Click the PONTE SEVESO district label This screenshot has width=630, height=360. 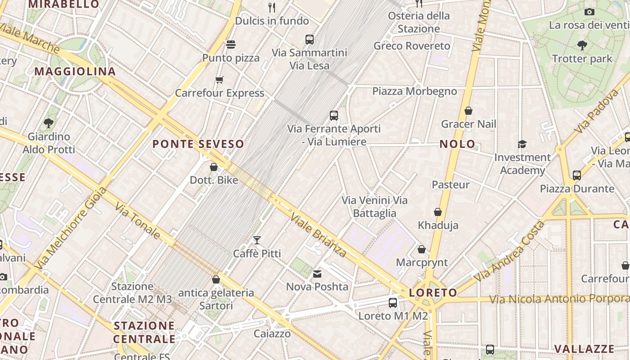point(198,144)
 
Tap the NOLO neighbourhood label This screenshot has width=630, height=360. point(457,144)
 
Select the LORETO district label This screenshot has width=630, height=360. point(433,293)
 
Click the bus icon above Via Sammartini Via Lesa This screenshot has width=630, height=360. point(309,39)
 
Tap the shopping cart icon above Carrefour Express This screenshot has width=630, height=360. point(219,80)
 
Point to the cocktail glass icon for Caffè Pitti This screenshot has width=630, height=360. point(257,240)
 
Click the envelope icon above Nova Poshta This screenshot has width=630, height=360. point(317,274)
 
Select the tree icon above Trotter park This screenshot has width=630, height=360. point(582,45)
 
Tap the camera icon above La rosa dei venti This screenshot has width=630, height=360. point(589,12)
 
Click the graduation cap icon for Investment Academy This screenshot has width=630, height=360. point(522,144)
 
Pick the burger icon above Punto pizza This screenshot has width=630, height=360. point(231,45)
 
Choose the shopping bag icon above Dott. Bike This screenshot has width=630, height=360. point(214,167)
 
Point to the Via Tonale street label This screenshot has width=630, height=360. point(137,220)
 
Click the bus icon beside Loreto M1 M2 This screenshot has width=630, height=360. point(393,302)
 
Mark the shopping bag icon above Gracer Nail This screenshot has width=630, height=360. point(468,111)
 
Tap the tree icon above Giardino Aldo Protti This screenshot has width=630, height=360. point(49,123)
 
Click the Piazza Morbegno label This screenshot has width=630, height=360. point(414,91)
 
